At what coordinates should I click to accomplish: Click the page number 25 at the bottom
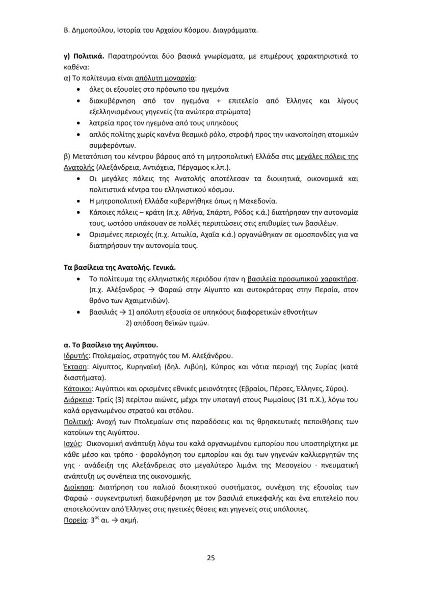(x=210, y=558)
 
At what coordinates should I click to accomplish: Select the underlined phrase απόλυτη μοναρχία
(x=165, y=79)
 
